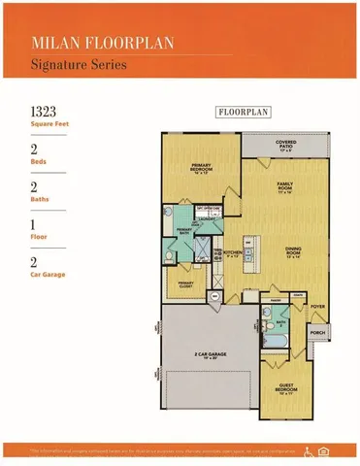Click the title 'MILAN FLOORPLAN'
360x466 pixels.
(90, 43)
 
